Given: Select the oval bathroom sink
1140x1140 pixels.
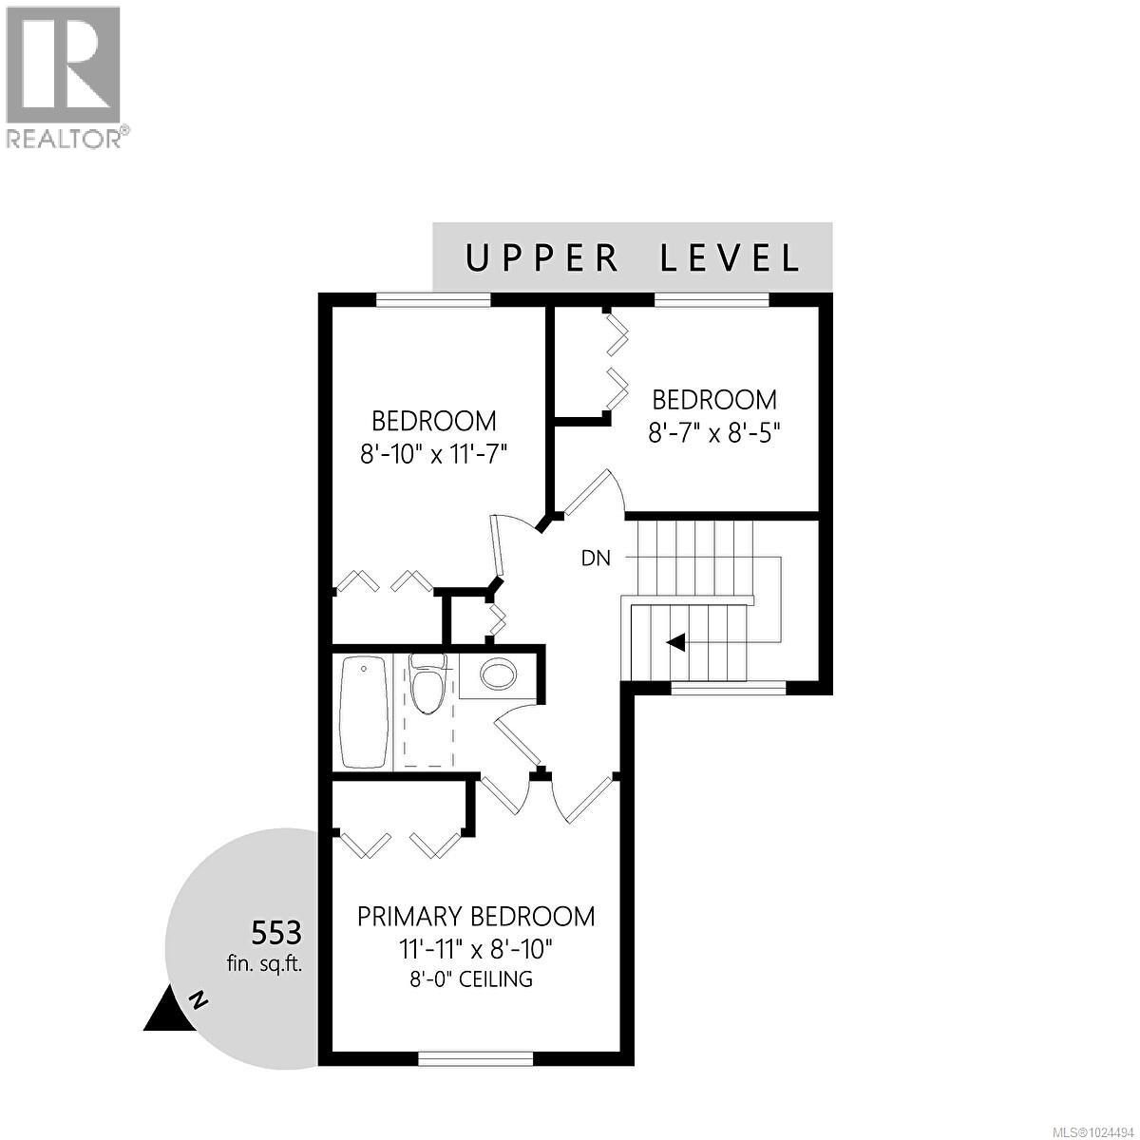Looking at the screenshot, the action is click(x=498, y=674).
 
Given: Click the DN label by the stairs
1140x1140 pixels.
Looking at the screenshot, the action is click(x=596, y=559).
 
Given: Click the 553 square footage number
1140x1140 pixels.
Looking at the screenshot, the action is click(x=276, y=933).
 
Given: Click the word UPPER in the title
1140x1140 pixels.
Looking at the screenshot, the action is click(x=541, y=258).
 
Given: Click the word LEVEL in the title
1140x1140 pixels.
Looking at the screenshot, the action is click(x=730, y=258).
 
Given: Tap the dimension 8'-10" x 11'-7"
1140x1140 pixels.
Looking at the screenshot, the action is click(x=434, y=456).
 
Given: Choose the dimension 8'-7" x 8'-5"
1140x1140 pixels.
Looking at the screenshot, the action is click(x=714, y=434).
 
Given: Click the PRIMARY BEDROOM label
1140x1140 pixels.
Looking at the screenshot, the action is click(x=476, y=917).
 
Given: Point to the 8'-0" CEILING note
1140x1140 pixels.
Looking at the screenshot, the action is click(x=471, y=979).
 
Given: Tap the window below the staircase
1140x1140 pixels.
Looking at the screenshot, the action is click(x=729, y=688).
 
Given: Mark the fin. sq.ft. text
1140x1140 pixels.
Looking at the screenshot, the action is click(x=264, y=965).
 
